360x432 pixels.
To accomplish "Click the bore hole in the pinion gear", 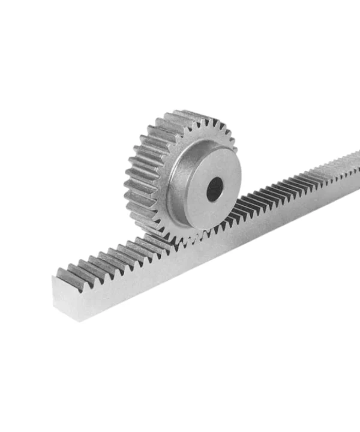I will click(214, 189).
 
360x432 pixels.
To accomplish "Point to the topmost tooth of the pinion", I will click(180, 114).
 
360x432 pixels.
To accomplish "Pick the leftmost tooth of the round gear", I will click(127, 180).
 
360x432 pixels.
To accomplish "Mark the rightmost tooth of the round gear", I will click(235, 150).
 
